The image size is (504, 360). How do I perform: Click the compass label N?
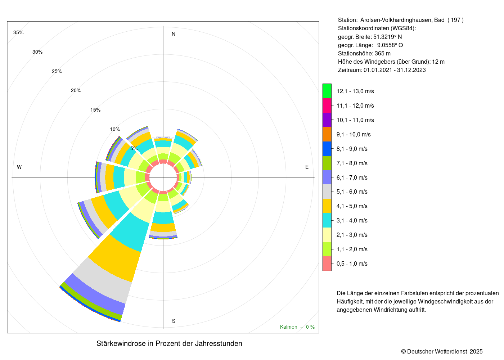[174, 34]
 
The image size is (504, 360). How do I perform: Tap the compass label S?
[174, 321]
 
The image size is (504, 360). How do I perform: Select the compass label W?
[19, 167]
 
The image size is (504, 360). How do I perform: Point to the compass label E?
[307, 167]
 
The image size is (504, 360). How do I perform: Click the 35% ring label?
[18, 32]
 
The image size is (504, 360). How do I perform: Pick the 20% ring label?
[76, 90]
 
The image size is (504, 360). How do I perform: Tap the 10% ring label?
[115, 129]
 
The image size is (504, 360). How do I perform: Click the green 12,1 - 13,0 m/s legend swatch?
[327, 91]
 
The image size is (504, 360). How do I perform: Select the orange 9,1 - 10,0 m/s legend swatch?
[327, 134]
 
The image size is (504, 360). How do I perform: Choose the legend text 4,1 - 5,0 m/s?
[352, 206]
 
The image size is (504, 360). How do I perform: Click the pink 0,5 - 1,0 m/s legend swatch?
[327, 264]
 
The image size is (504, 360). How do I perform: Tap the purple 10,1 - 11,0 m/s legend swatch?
[327, 120]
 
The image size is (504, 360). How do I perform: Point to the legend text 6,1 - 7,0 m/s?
[352, 177]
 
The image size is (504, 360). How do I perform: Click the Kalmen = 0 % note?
[297, 327]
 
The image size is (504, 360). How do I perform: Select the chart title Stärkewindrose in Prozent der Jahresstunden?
[169, 343]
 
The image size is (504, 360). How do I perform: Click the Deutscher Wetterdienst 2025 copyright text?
[442, 351]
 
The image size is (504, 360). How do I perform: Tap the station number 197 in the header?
[455, 20]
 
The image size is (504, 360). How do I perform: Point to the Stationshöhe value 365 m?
[383, 53]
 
